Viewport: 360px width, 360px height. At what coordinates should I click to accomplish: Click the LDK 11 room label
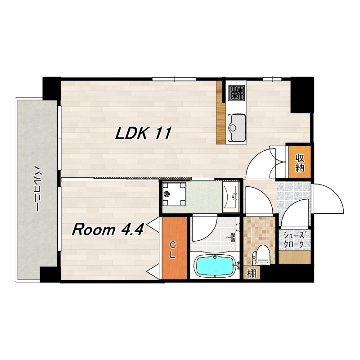[143, 133]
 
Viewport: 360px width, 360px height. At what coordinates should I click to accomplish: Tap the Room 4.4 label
[108, 229]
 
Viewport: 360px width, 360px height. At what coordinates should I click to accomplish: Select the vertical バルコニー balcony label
[36, 188]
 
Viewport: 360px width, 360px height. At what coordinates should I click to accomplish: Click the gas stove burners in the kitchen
[237, 93]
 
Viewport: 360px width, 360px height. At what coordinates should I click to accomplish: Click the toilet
[261, 255]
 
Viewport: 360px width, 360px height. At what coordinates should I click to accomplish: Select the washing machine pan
[174, 193]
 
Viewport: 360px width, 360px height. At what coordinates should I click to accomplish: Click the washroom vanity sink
[231, 196]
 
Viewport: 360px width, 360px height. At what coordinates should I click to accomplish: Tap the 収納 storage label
[300, 163]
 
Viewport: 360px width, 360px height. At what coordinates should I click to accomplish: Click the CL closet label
[173, 251]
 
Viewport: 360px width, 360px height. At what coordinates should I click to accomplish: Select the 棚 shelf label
[252, 274]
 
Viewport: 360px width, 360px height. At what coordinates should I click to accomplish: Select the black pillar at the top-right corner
[302, 95]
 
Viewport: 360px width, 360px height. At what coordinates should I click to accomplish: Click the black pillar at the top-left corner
[52, 88]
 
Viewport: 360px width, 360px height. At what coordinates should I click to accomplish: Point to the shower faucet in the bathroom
[232, 237]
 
